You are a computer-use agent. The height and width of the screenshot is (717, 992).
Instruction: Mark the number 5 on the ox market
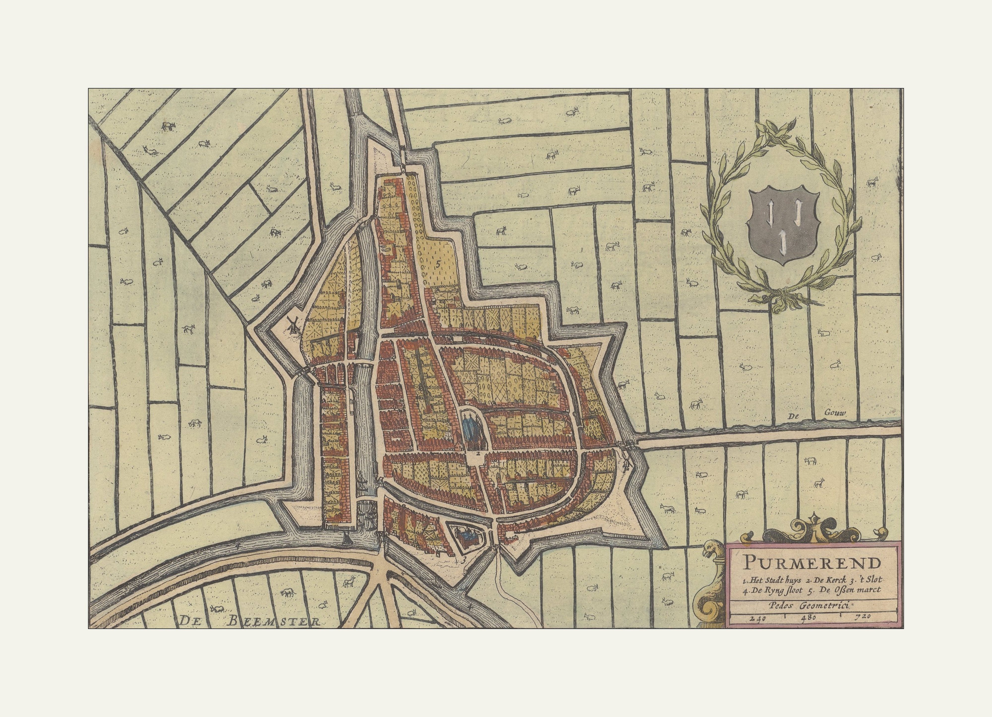[x=437, y=263]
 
